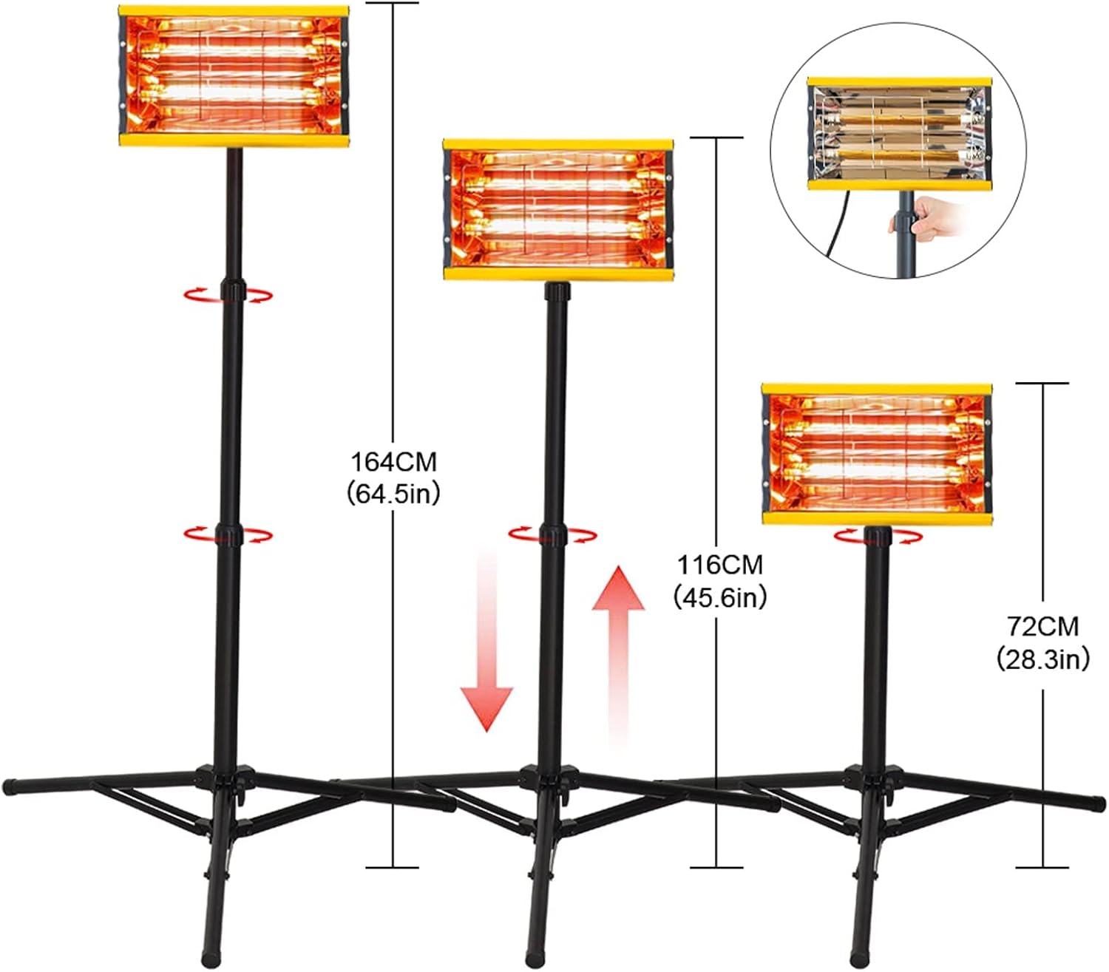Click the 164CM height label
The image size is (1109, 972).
pos(393,462)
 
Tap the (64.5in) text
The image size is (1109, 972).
pos(393,494)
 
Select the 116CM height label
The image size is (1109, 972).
pos(719,565)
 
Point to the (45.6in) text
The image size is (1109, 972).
pos(719,597)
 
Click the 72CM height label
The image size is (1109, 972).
pos(1042,626)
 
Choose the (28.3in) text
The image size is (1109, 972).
pos(1042,658)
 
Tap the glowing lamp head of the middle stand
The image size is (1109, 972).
pos(558,210)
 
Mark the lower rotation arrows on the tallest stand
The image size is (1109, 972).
pos(228,534)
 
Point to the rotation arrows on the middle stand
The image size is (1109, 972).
pos(552,534)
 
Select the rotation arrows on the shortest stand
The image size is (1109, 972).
pos(878,537)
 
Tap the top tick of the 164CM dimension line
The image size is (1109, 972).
pos(393,3)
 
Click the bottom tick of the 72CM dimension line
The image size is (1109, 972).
pos(1042,866)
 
